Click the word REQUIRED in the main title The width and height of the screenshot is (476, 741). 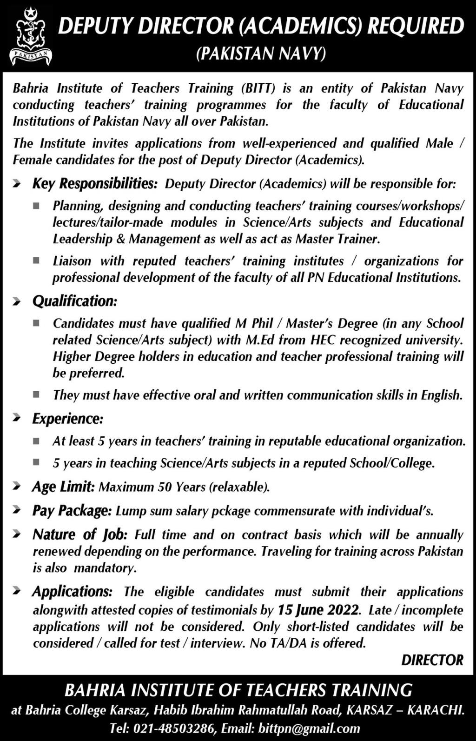(416, 27)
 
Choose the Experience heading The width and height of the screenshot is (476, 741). (68, 419)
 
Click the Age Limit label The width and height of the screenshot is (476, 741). (63, 487)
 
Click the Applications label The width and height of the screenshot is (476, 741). (72, 592)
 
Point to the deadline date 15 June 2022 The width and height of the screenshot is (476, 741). (318, 610)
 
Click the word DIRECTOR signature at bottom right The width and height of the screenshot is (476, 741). (432, 661)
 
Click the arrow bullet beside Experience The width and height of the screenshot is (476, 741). (17, 419)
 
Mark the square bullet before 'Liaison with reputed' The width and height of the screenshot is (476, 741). (36, 261)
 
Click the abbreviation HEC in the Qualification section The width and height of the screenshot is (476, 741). (322, 340)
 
